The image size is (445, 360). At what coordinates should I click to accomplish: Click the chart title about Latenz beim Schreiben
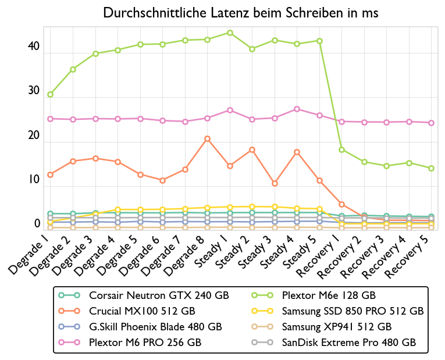point(240,13)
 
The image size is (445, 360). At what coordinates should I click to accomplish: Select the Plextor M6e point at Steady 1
point(230,33)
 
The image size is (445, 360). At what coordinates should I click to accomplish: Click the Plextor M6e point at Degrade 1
point(51,94)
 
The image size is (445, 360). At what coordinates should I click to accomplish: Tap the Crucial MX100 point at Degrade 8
point(208,138)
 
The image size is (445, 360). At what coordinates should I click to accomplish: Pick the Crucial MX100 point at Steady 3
point(275,183)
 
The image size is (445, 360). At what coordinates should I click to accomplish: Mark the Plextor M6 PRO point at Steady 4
point(297,109)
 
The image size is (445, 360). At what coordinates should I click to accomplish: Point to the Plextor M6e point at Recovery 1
point(342,149)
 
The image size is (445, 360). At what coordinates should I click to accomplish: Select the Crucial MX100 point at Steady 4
point(297,152)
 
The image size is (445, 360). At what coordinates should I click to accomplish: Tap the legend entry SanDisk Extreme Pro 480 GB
point(348,343)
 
